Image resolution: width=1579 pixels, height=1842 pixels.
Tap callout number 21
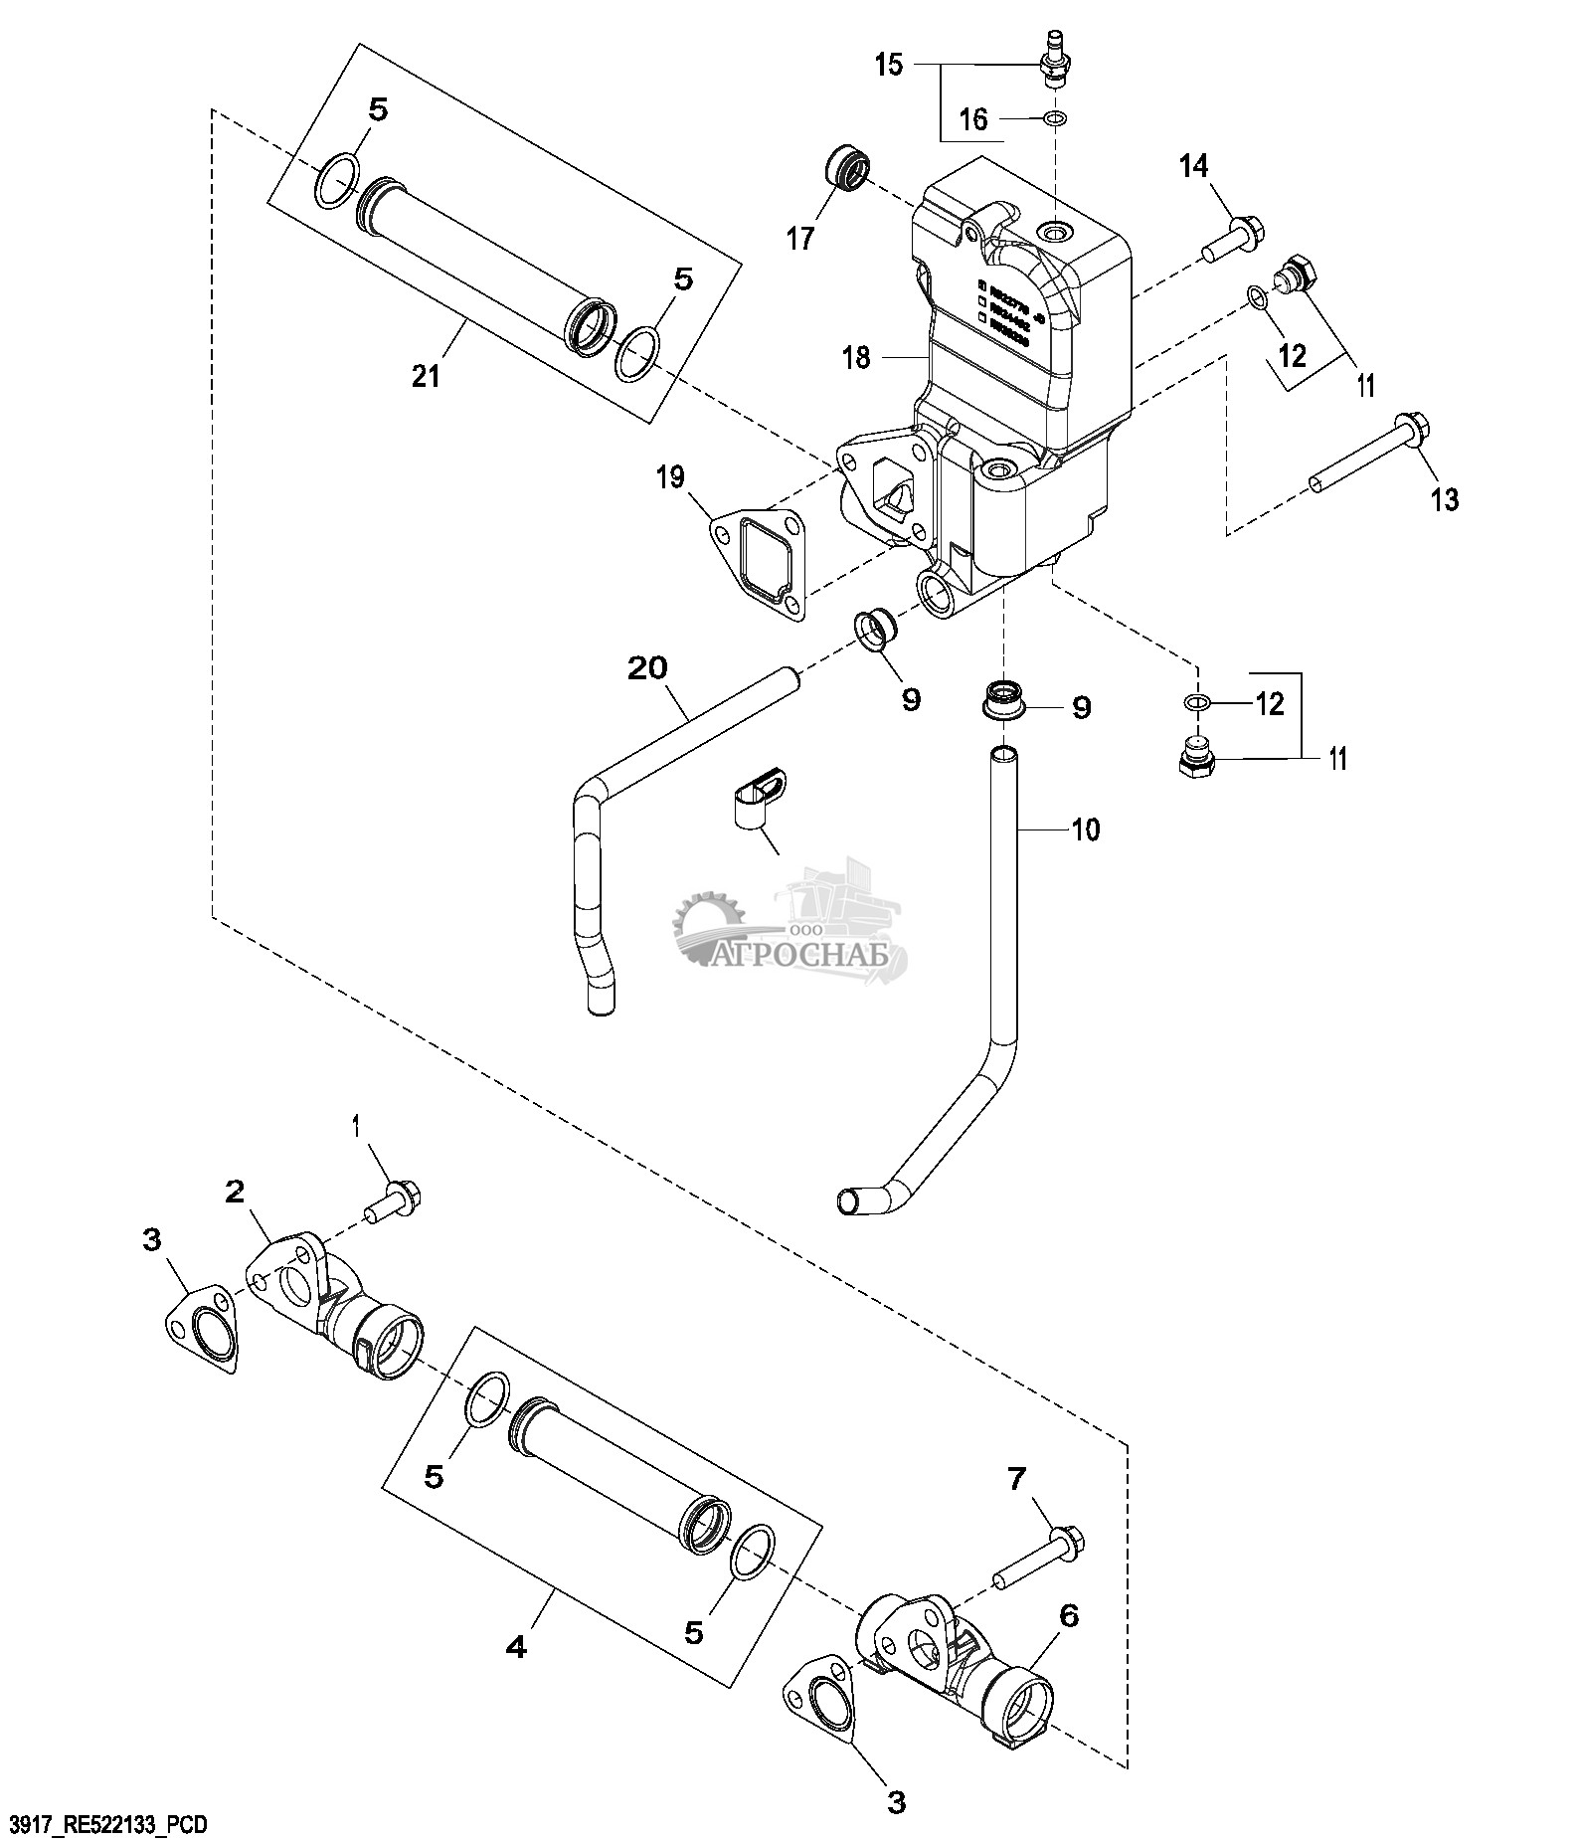(x=426, y=377)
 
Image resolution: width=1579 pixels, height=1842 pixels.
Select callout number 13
(x=1445, y=499)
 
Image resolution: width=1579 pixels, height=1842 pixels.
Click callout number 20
(x=647, y=668)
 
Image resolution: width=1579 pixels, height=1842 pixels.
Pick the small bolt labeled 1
(x=395, y=1197)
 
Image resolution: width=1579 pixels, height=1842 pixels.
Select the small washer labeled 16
(x=1054, y=120)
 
